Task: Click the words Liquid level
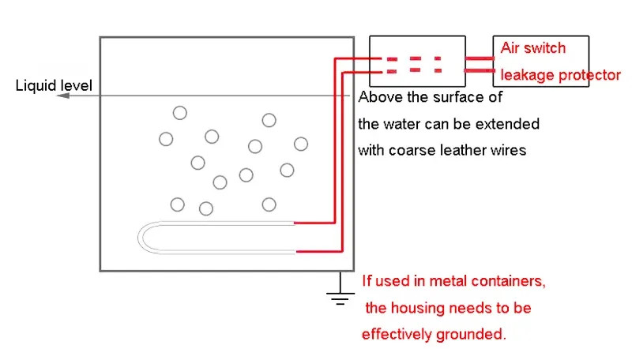[54, 85]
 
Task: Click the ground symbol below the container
[340, 296]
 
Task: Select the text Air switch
[533, 48]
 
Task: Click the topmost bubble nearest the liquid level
[180, 113]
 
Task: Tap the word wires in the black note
[506, 150]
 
